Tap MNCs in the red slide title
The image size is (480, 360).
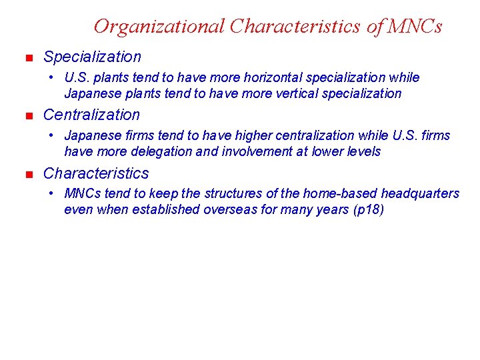[x=414, y=26]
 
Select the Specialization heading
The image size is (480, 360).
[x=92, y=57]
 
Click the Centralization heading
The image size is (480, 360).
[x=91, y=115]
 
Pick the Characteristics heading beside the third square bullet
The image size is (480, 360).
[x=96, y=173]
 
